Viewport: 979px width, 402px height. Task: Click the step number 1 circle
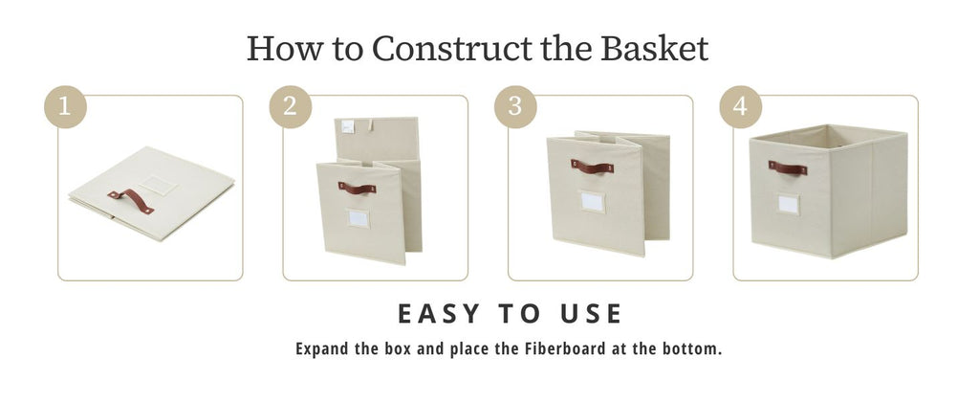(65, 107)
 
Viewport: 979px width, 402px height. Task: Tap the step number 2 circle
(291, 107)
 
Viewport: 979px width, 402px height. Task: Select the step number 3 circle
(515, 107)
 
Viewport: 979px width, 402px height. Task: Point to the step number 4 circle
(741, 107)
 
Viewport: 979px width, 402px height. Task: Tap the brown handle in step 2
(358, 188)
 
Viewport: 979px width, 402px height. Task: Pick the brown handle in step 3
(592, 167)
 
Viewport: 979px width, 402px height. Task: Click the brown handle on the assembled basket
(788, 167)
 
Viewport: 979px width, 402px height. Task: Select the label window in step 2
(359, 218)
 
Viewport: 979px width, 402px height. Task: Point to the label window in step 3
(592, 201)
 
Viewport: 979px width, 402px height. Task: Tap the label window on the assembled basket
(789, 204)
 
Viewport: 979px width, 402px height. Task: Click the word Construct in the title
(452, 48)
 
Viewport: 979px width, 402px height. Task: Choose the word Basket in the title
(654, 48)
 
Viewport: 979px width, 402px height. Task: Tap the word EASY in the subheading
(439, 314)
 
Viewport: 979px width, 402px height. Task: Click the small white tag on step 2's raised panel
(348, 127)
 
